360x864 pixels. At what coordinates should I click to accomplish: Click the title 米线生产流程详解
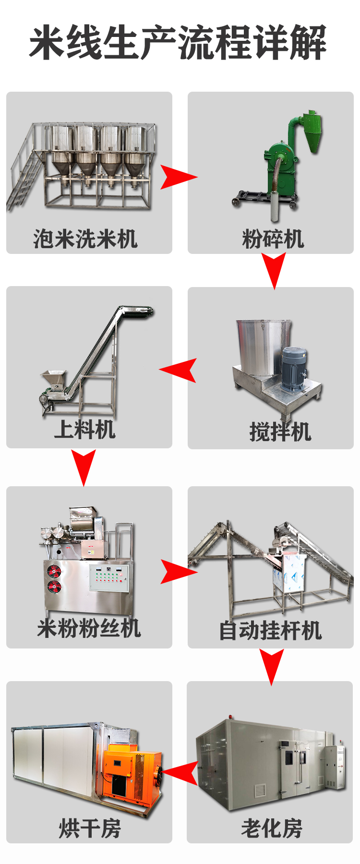pos(179,43)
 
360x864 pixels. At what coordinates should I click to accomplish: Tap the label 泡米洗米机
pos(85,239)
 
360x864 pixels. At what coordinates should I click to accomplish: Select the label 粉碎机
pos(273,239)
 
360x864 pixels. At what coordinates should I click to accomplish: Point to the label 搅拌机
pos(280,432)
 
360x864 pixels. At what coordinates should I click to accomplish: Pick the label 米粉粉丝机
pos(89,628)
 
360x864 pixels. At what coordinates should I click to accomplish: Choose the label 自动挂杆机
pos(270,630)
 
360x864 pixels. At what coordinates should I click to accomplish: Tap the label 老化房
pos(272,828)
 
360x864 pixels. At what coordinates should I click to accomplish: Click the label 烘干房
pos(90,828)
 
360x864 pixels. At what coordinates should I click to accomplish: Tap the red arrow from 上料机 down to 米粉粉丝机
pos(84,466)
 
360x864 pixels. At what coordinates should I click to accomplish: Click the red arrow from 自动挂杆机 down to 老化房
pos(272,665)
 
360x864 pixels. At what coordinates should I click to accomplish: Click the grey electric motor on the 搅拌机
pos(293,369)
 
